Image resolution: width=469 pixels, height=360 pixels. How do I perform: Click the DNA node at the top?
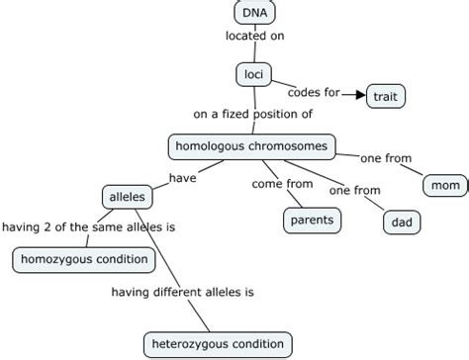tap(254, 13)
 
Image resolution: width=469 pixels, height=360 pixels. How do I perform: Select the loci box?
tap(252, 73)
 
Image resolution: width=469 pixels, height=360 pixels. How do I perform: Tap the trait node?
tap(386, 96)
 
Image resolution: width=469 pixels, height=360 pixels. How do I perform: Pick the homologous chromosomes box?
tap(250, 145)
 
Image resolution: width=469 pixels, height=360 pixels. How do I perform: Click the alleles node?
tap(127, 197)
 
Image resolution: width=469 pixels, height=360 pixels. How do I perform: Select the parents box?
tap(312, 220)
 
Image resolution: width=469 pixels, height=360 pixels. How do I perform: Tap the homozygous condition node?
tap(84, 260)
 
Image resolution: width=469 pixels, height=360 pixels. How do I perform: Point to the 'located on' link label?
tap(254, 38)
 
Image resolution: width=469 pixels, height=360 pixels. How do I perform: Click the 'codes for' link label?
tap(314, 93)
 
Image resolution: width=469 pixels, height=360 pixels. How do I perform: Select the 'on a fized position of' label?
tap(253, 114)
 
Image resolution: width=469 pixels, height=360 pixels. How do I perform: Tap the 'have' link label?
tap(183, 178)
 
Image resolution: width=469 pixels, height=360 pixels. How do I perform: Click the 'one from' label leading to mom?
tap(386, 158)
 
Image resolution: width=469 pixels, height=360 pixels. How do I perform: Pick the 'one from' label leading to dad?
tap(354, 191)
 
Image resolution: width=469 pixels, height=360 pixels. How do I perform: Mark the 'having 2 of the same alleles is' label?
tap(88, 226)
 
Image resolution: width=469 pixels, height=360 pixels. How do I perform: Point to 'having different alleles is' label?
tap(183, 292)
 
